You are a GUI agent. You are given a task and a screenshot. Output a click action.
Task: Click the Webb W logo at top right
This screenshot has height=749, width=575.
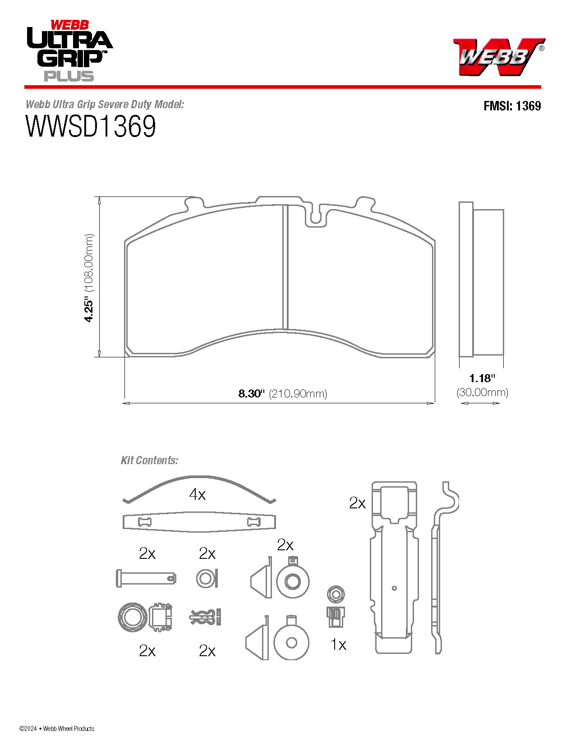pyautogui.click(x=498, y=56)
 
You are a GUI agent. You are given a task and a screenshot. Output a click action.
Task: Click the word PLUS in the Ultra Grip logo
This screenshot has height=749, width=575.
pyautogui.click(x=69, y=76)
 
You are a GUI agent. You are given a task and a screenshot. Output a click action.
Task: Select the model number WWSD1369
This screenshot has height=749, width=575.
pyautogui.click(x=91, y=126)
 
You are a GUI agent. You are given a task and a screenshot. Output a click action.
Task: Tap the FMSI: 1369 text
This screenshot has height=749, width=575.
pyautogui.click(x=512, y=106)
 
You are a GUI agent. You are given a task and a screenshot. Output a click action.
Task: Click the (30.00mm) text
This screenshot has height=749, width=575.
pyautogui.click(x=482, y=392)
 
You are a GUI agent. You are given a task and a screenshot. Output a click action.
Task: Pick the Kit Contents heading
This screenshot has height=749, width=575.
pyautogui.click(x=149, y=460)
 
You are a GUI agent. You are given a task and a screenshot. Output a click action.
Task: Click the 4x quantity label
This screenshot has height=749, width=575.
pyautogui.click(x=197, y=494)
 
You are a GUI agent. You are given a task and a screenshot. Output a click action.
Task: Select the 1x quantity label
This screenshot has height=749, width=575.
pyautogui.click(x=338, y=644)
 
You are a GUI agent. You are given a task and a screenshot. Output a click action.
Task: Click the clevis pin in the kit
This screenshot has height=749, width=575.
pyautogui.click(x=146, y=578)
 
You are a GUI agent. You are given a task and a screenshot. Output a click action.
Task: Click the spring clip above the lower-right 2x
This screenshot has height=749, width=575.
pyautogui.click(x=206, y=617)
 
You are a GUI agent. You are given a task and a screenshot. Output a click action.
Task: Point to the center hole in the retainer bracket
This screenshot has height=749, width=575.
pyautogui.click(x=394, y=588)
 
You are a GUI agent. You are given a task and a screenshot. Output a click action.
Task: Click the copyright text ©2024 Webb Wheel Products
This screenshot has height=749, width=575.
pyautogui.click(x=57, y=728)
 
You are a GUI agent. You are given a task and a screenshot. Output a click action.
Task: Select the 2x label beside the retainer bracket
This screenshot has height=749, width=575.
pyautogui.click(x=357, y=502)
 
